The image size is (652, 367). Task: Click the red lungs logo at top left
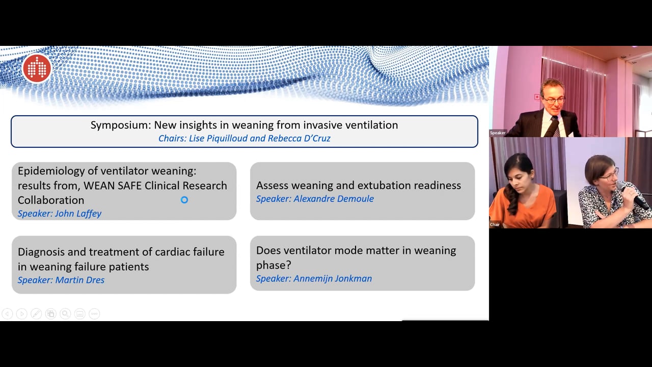[37, 68]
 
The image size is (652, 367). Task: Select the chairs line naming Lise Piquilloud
[244, 138]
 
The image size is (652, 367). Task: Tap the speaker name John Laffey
[60, 214]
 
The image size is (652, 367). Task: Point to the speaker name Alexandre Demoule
[315, 199]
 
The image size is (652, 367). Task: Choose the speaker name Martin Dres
[61, 280]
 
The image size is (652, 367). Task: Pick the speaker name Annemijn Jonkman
[314, 278]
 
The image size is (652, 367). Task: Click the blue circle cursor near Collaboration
[184, 200]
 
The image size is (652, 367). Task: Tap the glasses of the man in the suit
[553, 100]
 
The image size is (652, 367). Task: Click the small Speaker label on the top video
[498, 133]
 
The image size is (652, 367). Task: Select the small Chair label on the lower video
[495, 224]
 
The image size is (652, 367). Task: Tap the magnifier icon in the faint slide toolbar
[65, 314]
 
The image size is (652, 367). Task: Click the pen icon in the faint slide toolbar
[36, 314]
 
